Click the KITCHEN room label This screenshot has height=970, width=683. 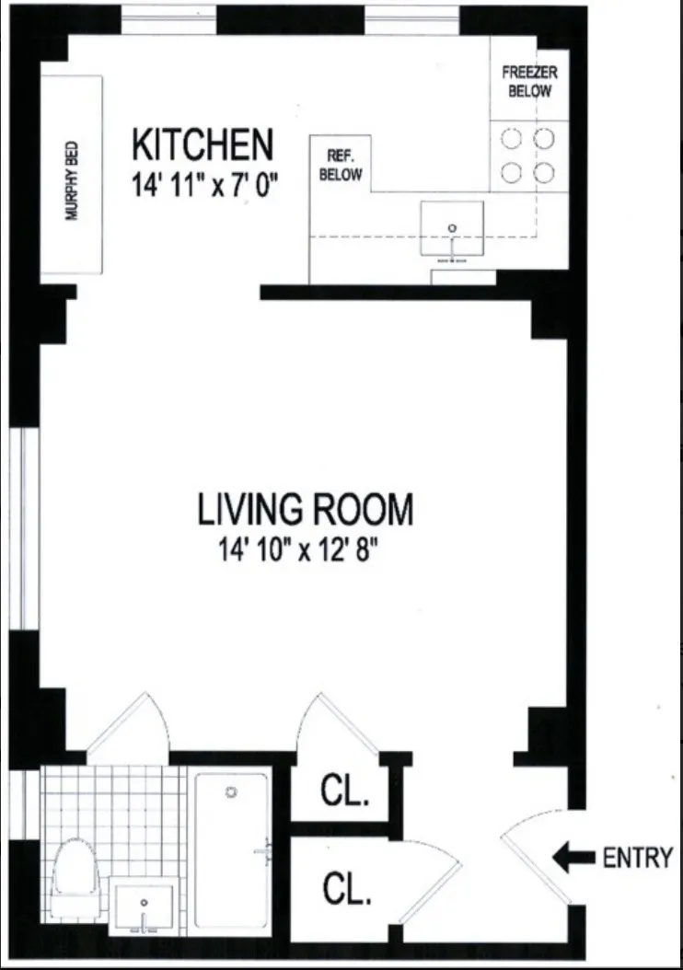point(203,145)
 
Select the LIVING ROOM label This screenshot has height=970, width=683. point(306,508)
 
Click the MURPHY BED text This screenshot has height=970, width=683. point(71,179)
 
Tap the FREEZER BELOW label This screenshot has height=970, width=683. point(527,82)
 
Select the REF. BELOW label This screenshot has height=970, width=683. point(340,167)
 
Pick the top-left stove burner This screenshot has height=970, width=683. point(511,139)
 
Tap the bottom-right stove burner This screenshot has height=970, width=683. point(545,172)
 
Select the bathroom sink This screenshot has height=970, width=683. point(144,904)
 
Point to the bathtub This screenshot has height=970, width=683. point(231,846)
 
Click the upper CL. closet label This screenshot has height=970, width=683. point(344,791)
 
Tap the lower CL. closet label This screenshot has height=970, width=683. point(347,889)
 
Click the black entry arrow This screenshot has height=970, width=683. point(573,859)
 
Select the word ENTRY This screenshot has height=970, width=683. point(637,859)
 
